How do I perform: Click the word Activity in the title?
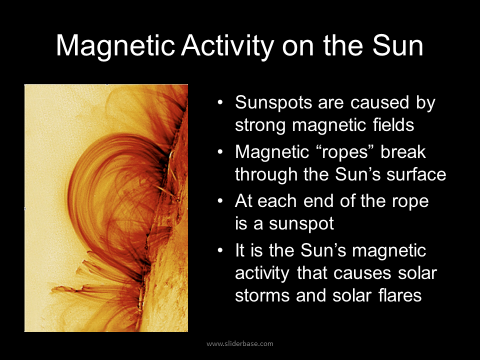point(227,46)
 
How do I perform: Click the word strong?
point(260,124)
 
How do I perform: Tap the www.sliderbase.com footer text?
point(240,343)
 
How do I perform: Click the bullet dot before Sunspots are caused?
point(220,104)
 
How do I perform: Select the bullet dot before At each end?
point(220,201)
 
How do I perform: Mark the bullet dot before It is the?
point(220,250)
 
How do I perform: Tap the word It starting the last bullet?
point(240,250)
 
